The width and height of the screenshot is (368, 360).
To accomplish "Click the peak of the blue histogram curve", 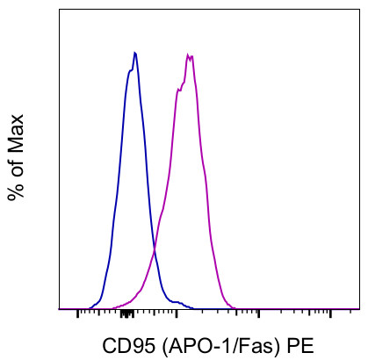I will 134,53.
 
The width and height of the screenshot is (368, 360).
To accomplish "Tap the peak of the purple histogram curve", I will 189,55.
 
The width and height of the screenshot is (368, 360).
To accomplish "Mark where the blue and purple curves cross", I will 155,252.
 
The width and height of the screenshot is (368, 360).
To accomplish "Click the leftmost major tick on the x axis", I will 78,313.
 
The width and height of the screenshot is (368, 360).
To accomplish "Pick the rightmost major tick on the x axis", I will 331,313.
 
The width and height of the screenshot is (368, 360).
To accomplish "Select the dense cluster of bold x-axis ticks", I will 126,313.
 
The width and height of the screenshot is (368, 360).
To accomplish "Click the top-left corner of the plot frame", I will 60,11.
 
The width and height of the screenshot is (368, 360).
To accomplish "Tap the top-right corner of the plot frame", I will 358,11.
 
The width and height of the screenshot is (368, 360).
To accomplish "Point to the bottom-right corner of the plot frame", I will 358,309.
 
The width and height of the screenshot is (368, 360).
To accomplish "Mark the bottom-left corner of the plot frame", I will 60,309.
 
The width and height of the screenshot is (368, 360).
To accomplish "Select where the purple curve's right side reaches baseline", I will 238,307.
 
